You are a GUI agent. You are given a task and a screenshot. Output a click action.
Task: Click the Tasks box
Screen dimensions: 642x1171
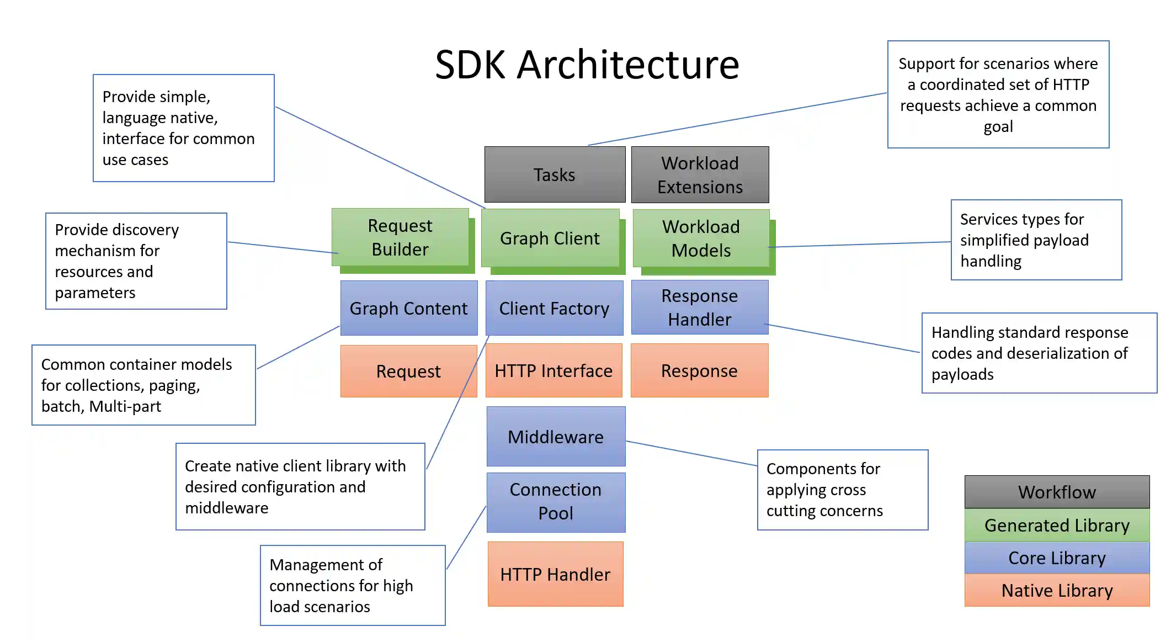tap(555, 174)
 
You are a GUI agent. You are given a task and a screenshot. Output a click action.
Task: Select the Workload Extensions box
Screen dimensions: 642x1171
tap(700, 174)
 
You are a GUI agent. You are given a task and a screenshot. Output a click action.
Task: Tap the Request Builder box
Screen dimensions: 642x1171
tap(400, 237)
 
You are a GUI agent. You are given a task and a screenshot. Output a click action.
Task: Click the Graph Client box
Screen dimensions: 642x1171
tap(550, 238)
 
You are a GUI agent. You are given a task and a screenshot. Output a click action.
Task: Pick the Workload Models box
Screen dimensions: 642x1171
tap(701, 238)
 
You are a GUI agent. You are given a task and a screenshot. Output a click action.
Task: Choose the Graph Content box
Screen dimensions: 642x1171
tap(409, 308)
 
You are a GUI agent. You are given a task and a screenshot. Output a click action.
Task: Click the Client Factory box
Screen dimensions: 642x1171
tap(554, 308)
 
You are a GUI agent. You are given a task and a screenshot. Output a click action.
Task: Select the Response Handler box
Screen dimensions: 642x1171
tap(699, 307)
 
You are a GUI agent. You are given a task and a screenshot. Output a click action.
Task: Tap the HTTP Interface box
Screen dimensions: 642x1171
tap(553, 370)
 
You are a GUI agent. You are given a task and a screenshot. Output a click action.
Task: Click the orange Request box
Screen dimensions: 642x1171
tap(408, 371)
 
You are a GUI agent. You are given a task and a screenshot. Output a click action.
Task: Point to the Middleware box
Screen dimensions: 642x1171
tap(556, 437)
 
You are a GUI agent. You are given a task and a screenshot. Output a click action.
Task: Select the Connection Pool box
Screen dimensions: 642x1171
tap(556, 501)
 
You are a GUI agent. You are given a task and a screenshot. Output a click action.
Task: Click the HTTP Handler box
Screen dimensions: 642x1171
tap(555, 574)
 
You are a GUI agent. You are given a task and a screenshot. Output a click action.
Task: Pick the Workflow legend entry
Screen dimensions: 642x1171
tap(1057, 492)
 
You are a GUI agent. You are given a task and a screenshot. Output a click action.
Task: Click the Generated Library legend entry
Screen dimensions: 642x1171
tap(1057, 525)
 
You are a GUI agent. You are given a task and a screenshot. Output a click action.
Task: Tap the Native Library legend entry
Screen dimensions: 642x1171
tap(1057, 590)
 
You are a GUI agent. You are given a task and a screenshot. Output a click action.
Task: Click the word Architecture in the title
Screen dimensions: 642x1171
tap(627, 65)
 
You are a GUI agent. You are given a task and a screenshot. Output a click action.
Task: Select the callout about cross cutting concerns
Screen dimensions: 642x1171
tap(842, 490)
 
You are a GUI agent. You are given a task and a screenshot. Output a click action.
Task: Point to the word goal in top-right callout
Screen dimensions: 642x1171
tap(998, 127)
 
